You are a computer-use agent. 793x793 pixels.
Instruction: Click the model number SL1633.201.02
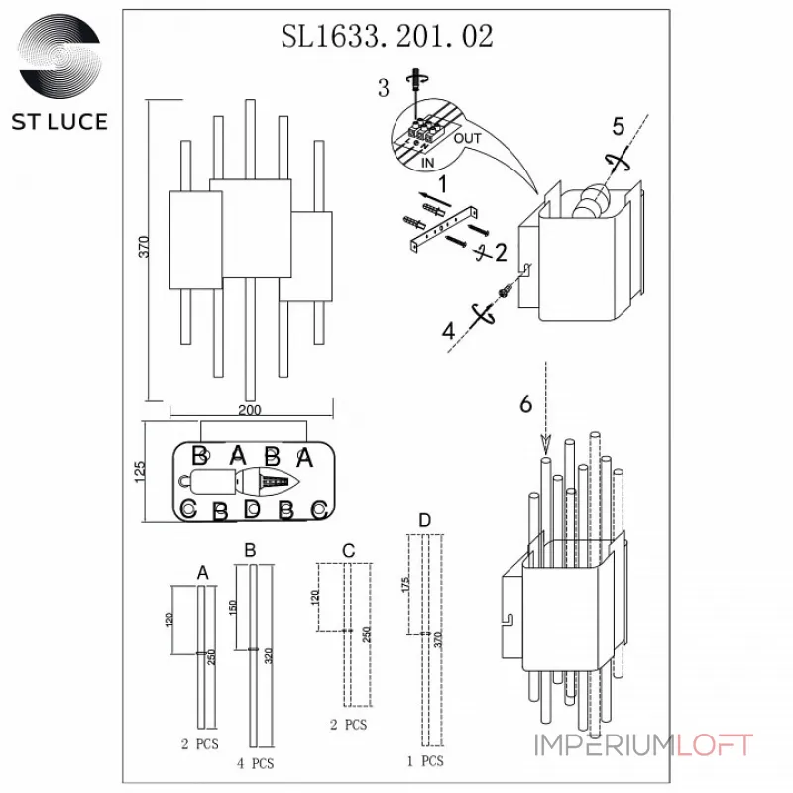(x=388, y=37)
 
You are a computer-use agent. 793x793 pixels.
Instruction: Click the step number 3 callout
(x=383, y=89)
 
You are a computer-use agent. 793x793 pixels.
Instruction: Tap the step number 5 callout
(x=618, y=126)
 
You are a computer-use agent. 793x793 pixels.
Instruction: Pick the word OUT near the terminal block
(x=467, y=139)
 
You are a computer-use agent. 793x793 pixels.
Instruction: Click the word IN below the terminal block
(x=427, y=161)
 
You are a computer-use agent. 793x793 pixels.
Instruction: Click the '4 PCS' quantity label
(x=256, y=764)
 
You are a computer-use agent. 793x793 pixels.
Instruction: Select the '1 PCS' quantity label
(x=425, y=761)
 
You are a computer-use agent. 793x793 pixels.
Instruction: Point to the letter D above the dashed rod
(x=424, y=520)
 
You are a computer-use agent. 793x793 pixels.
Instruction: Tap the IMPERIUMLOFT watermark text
(x=642, y=745)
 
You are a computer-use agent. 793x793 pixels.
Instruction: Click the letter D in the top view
(x=252, y=510)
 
